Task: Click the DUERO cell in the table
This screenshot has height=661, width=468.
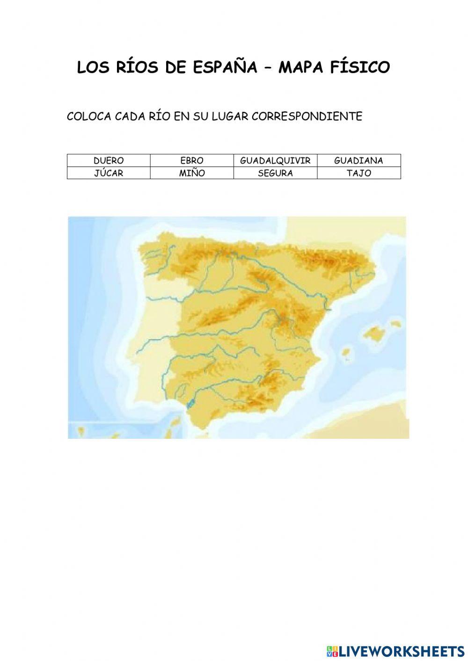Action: pyautogui.click(x=109, y=160)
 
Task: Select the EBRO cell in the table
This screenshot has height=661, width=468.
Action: pyautogui.click(x=192, y=160)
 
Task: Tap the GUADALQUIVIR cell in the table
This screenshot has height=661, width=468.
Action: pyautogui.click(x=275, y=160)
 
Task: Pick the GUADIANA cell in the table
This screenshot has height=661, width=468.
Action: pyautogui.click(x=358, y=160)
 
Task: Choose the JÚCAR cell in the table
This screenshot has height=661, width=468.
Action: pyautogui.click(x=109, y=173)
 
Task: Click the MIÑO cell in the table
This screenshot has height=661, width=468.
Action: pyautogui.click(x=192, y=173)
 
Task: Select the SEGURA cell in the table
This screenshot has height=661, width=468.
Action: pyautogui.click(x=275, y=173)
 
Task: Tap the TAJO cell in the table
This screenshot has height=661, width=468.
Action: pyautogui.click(x=358, y=173)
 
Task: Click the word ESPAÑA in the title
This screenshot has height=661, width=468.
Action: pyautogui.click(x=225, y=68)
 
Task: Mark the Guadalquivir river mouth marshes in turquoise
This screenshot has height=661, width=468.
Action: pyautogui.click(x=190, y=401)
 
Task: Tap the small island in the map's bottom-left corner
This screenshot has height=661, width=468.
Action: pyautogui.click(x=81, y=430)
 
